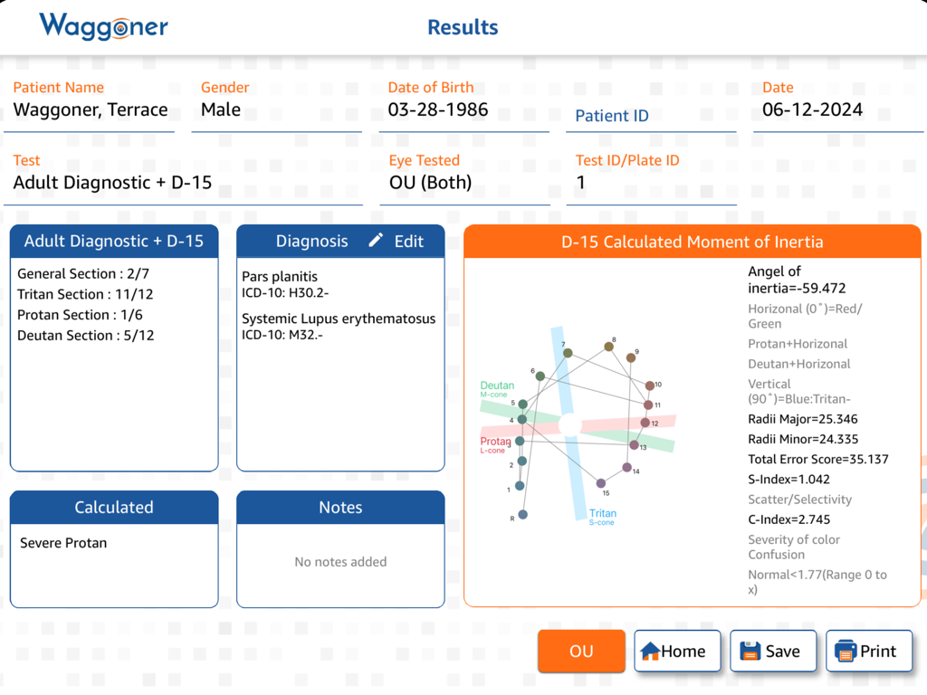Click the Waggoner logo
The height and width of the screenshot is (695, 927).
pyautogui.click(x=103, y=26)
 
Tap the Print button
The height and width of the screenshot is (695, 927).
pyautogui.click(x=868, y=651)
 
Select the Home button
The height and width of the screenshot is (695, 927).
pyautogui.click(x=677, y=651)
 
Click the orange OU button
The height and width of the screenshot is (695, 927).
pyautogui.click(x=581, y=651)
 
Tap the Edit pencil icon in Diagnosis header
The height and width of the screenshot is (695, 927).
pyautogui.click(x=377, y=241)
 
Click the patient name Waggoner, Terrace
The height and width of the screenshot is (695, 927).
pyautogui.click(x=91, y=110)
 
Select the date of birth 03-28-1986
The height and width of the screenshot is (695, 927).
pyautogui.click(x=438, y=110)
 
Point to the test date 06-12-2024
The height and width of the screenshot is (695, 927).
pyautogui.click(x=812, y=110)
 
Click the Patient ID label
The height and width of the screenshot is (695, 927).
pyautogui.click(x=612, y=116)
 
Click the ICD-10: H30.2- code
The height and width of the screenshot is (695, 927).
pyautogui.click(x=285, y=292)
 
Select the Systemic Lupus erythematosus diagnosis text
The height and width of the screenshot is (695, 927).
pyautogui.click(x=339, y=319)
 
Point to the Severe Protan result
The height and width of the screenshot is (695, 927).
pyautogui.click(x=63, y=543)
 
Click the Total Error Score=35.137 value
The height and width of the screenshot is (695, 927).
pyautogui.click(x=817, y=459)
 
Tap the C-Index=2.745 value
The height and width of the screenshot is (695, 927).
pyautogui.click(x=788, y=519)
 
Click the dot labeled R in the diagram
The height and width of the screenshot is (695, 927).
pyautogui.click(x=522, y=514)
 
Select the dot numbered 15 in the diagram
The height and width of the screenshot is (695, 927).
pyautogui.click(x=601, y=483)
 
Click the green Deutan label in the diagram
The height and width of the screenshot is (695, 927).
pyautogui.click(x=497, y=386)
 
